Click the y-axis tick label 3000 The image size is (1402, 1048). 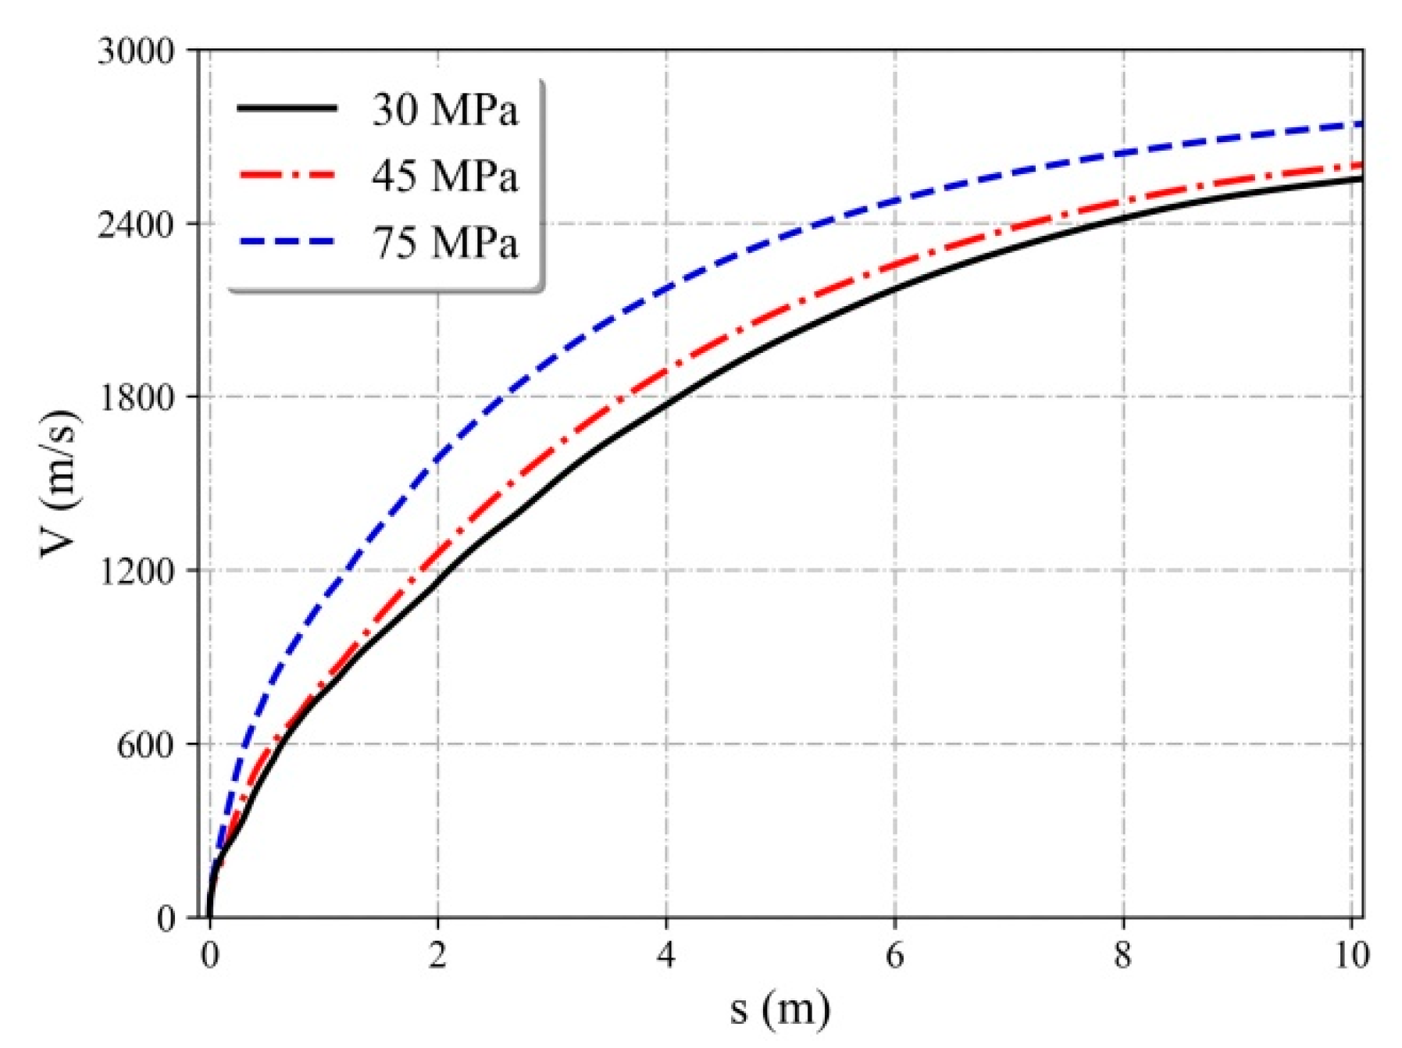click(x=135, y=52)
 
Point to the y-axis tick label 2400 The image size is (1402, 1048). click(x=135, y=225)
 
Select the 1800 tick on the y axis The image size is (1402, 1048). click(x=135, y=397)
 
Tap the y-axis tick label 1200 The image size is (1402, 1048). click(x=135, y=571)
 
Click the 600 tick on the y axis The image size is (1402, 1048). click(x=145, y=744)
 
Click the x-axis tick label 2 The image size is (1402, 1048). click(x=437, y=954)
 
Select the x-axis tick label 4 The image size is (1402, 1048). click(x=666, y=954)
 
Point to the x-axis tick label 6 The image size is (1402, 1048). click(x=894, y=954)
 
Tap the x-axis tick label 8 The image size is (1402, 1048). click(x=1123, y=954)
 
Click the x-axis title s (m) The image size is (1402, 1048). click(x=779, y=1009)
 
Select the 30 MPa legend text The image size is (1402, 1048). click(x=444, y=109)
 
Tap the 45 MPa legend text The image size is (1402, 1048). click(x=444, y=176)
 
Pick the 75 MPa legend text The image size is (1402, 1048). click(x=444, y=242)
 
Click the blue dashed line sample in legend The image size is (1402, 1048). click(x=287, y=242)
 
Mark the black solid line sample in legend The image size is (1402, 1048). click(x=287, y=109)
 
